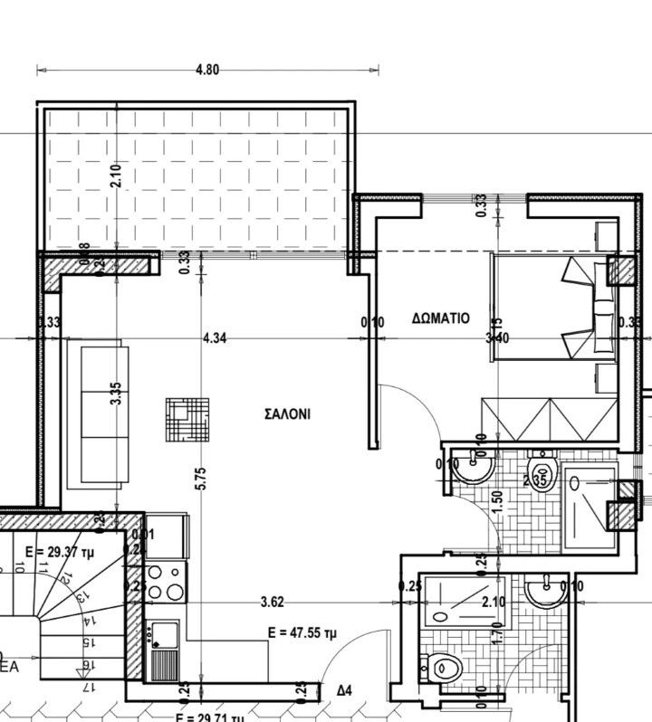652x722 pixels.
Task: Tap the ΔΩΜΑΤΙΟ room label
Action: click(440, 318)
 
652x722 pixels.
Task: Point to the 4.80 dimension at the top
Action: click(207, 69)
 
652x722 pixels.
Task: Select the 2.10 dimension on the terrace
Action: click(116, 175)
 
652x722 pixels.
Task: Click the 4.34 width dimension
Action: click(215, 337)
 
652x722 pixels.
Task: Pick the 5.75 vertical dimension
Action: click(201, 479)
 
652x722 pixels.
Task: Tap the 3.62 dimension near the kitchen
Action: click(273, 600)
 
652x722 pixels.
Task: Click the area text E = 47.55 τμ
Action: click(302, 633)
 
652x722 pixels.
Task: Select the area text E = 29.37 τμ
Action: click(61, 550)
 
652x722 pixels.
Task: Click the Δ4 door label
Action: click(344, 690)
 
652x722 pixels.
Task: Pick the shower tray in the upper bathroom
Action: click(590, 506)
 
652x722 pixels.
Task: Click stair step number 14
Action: click(85, 622)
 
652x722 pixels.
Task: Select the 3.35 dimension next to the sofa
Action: click(116, 394)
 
